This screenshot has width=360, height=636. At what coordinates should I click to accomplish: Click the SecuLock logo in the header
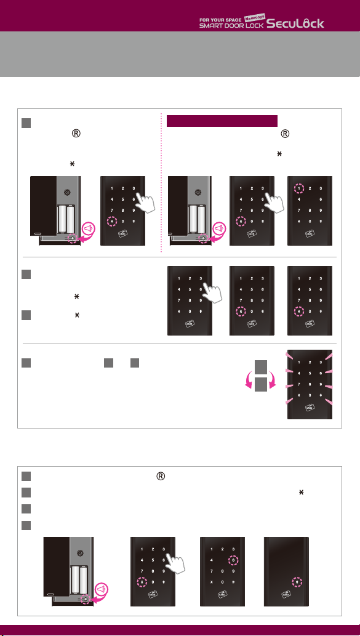(295, 24)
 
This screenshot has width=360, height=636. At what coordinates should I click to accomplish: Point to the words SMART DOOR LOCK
(231, 25)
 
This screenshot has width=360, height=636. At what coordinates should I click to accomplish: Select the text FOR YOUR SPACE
(221, 19)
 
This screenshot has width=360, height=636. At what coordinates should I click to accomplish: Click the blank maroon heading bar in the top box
(222, 121)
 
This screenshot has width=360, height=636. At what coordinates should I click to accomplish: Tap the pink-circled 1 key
(298, 188)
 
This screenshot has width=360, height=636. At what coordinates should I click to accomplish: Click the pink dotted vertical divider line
(161, 182)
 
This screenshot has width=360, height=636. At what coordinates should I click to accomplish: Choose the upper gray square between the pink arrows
(261, 368)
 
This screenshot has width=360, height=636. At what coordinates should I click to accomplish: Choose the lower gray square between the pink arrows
(261, 384)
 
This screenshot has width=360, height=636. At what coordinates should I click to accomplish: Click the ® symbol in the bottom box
(161, 477)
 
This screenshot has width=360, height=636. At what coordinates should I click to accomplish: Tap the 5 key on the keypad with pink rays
(310, 372)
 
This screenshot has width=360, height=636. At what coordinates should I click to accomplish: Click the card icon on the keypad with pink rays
(310, 407)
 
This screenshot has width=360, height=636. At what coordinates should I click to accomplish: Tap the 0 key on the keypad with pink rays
(310, 395)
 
